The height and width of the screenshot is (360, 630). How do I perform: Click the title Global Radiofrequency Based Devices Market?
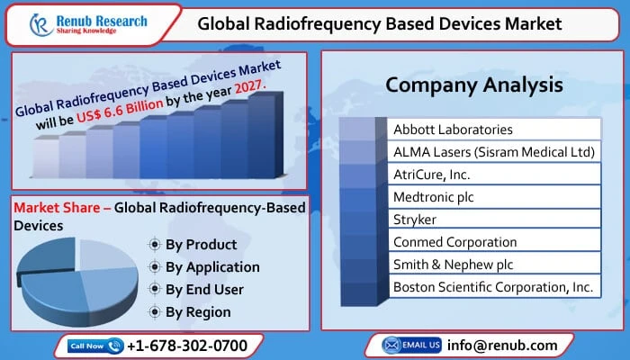coord(392,23)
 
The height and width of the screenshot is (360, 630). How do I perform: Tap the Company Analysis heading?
coord(474,85)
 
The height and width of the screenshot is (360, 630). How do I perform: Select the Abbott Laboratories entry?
coord(454,130)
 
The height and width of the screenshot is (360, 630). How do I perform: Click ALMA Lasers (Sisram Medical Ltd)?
coord(494,152)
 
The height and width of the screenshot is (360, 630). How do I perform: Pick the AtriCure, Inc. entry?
coord(432,175)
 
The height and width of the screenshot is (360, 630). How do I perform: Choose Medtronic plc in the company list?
coord(433,196)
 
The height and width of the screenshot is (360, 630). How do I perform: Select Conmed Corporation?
coord(455,241)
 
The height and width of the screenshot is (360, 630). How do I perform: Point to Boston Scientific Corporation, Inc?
coord(493,286)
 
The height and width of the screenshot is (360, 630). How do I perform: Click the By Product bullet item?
coord(201,244)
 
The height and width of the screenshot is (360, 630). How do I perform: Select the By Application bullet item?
coord(212,266)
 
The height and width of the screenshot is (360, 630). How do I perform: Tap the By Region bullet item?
coord(198,311)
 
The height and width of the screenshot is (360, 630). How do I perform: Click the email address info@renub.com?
coord(502,345)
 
